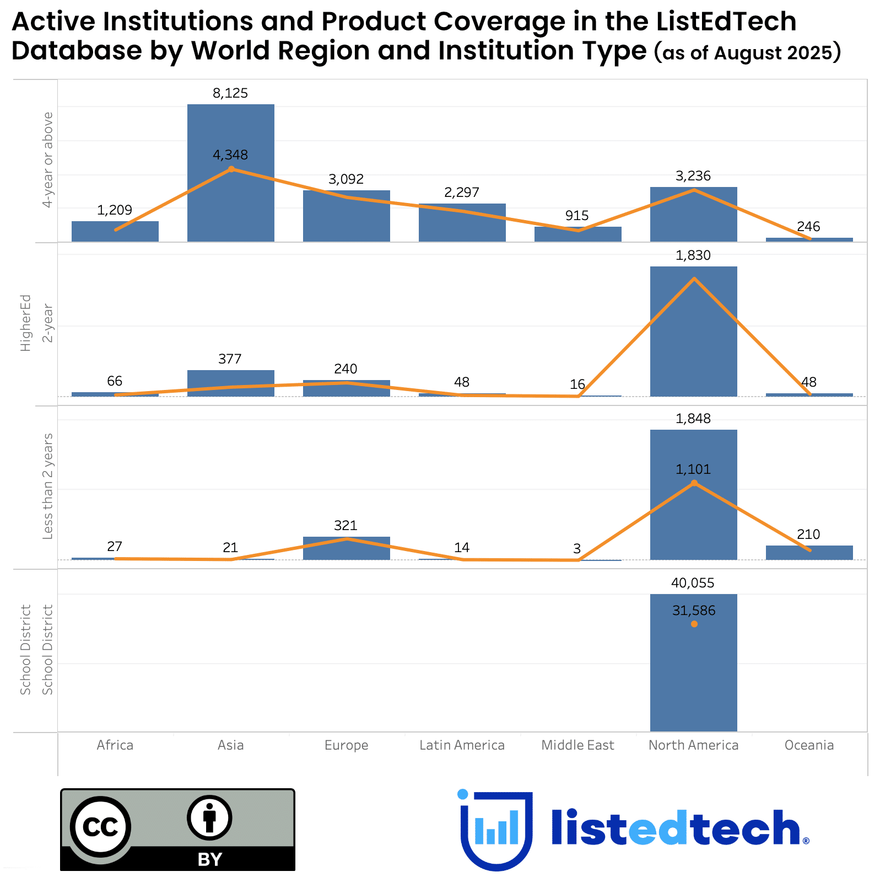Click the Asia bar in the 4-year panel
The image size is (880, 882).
coord(230,199)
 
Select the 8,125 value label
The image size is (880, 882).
coord(230,93)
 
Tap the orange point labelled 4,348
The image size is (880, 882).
coord(231,169)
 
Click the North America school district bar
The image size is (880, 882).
coord(693,678)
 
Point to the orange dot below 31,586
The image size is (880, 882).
coord(694,624)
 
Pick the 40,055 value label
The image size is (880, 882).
coord(693,583)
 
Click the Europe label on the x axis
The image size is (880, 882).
coord(346,745)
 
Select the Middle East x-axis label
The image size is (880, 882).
coord(577,745)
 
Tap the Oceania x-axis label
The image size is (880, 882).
coord(809,745)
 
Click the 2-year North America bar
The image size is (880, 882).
coord(693,342)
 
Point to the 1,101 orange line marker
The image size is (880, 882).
coord(694,483)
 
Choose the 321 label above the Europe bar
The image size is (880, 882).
coord(345,525)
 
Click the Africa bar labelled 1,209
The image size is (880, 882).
coord(115,231)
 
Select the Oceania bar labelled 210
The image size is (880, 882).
coord(809,553)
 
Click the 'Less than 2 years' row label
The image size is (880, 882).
coord(48,486)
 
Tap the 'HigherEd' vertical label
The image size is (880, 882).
coord(25,323)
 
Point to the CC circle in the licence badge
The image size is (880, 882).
coord(101,826)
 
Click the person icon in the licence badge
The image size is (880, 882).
coord(209,817)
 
